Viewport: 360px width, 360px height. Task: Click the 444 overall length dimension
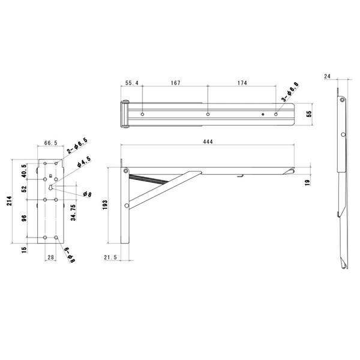tap(208, 142)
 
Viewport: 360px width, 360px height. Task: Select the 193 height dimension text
tap(105, 205)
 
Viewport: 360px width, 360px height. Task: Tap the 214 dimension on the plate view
tap(9, 200)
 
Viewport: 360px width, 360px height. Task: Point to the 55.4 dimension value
tap(132, 83)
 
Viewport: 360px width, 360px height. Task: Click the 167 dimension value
tap(176, 83)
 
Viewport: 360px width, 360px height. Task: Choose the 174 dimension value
tap(242, 83)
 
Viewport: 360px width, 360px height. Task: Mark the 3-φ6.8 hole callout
tap(290, 92)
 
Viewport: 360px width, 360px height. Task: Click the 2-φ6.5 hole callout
tap(77, 146)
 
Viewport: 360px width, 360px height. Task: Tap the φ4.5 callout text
tap(84, 162)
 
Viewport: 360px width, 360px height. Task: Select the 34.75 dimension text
tap(73, 212)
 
